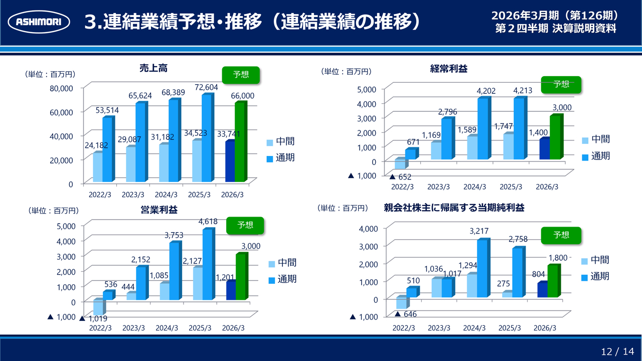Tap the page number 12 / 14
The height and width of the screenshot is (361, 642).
click(x=617, y=351)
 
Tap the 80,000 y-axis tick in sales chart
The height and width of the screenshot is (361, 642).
click(x=63, y=88)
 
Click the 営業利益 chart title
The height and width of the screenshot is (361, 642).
click(x=159, y=210)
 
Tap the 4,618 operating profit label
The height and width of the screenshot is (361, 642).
click(x=208, y=221)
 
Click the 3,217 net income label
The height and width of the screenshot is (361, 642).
click(x=478, y=231)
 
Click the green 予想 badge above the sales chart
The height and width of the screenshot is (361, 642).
click(x=241, y=75)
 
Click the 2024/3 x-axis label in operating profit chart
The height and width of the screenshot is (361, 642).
click(x=167, y=328)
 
